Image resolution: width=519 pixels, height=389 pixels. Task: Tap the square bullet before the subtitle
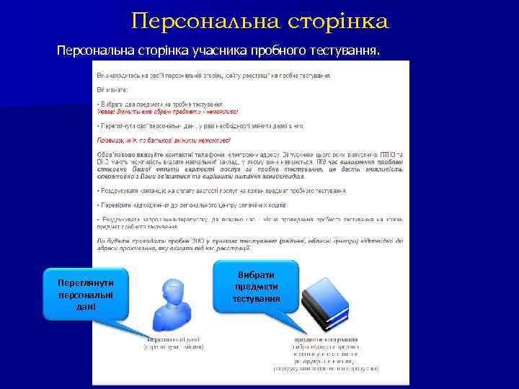48,52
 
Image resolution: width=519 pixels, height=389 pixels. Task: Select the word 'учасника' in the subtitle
218,52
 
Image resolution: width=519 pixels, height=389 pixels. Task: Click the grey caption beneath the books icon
326,354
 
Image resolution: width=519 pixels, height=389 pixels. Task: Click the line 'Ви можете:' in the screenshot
112,90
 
